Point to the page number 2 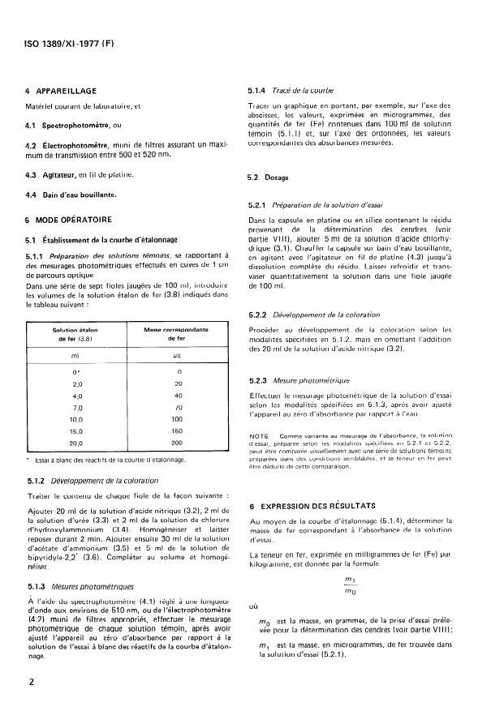click(x=29, y=683)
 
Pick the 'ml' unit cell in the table click(x=78, y=356)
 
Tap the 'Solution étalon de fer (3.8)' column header click(x=78, y=334)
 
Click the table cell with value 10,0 click(x=78, y=419)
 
